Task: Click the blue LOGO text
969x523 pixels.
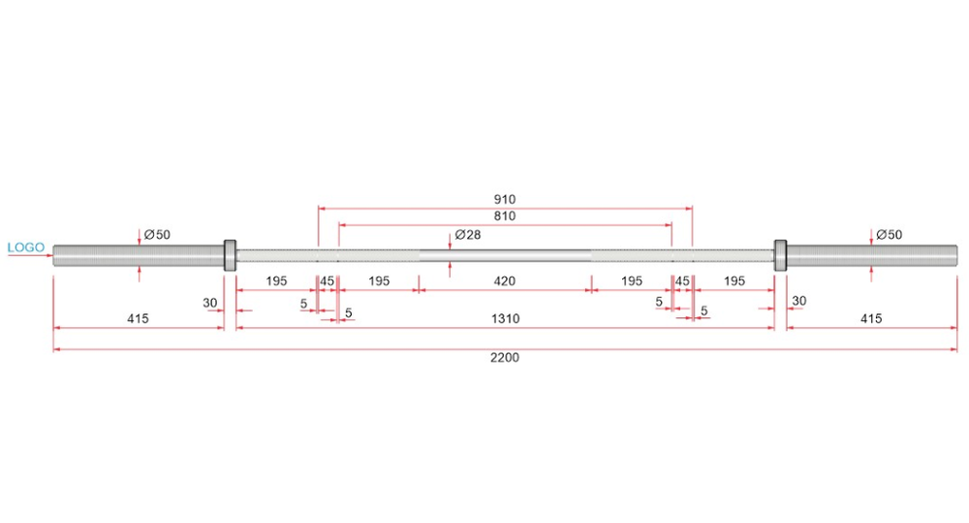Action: click(x=26, y=247)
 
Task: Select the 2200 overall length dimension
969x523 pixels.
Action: click(x=504, y=358)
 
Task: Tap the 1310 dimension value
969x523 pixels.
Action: click(x=505, y=319)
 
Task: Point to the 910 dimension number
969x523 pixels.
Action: click(x=504, y=199)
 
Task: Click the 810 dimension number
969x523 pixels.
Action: click(x=504, y=216)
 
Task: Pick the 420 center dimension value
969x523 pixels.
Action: click(x=504, y=281)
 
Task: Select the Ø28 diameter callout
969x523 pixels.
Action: click(x=468, y=235)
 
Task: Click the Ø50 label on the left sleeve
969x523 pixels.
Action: click(x=157, y=235)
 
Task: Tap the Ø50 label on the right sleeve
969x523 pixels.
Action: click(x=890, y=235)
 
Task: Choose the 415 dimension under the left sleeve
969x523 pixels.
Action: click(x=138, y=318)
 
